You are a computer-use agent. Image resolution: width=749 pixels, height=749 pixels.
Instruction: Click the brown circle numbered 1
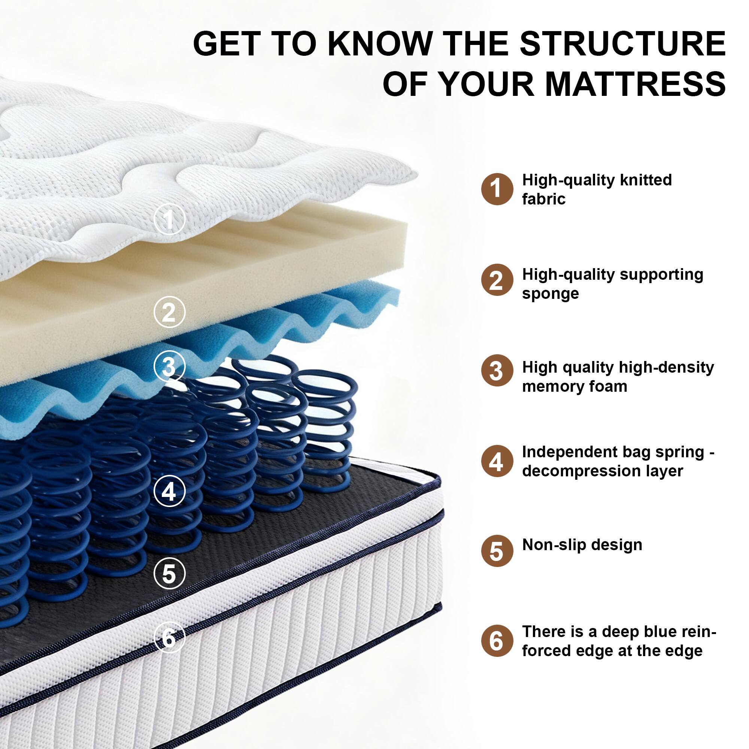click(497, 189)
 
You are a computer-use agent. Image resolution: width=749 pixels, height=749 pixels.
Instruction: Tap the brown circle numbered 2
click(497, 280)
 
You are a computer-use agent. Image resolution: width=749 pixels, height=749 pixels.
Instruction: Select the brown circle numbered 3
click(497, 371)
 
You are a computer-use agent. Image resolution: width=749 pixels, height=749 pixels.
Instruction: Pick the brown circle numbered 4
click(497, 461)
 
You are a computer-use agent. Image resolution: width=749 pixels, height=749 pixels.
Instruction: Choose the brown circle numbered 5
click(497, 551)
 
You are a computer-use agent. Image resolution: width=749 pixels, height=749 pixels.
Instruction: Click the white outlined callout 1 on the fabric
click(169, 220)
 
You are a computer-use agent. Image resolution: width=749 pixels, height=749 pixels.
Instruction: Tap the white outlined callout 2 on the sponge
click(169, 312)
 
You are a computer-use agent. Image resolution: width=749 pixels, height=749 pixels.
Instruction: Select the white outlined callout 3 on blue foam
click(169, 366)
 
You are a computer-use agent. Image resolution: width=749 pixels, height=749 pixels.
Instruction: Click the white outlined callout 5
click(169, 573)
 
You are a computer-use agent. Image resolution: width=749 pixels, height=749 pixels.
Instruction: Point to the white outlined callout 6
click(169, 638)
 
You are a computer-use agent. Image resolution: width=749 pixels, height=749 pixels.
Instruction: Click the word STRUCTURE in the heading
click(622, 43)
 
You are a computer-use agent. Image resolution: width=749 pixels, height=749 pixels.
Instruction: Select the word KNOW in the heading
click(380, 43)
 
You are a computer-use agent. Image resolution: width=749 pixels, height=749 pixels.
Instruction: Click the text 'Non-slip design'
click(582, 545)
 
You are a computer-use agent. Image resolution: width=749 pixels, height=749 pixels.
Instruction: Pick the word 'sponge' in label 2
click(550, 294)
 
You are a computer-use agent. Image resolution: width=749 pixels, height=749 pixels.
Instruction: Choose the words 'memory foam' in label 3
click(574, 386)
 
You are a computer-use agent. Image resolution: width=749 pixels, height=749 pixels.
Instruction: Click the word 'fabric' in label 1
click(543, 199)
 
